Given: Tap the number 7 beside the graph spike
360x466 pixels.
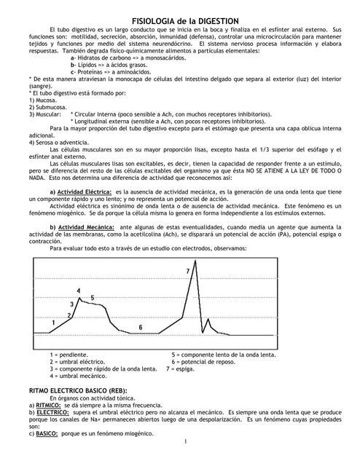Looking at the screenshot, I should tap(188, 271).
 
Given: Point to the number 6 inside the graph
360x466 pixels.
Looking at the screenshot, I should tap(141, 328).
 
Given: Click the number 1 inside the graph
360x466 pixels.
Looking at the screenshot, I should tap(54, 321).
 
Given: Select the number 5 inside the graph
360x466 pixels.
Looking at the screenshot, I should tap(92, 298).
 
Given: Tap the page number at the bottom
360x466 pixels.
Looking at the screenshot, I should tap(187, 441).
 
